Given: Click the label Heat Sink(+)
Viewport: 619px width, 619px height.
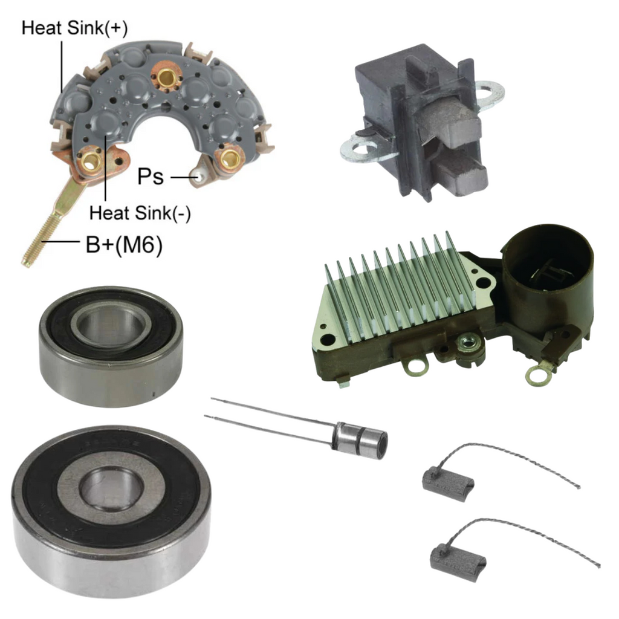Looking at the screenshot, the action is point(74,28).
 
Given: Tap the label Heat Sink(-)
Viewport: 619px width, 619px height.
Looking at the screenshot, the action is point(140,213).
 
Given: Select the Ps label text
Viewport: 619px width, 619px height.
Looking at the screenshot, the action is point(151,176).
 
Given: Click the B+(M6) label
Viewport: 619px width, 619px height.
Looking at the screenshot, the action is point(124,245).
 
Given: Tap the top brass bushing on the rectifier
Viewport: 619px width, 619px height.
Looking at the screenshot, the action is point(166,77).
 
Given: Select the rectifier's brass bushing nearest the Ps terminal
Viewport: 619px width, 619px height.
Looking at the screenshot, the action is point(228,158).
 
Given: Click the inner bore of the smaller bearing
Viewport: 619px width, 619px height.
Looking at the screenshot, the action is point(111,326).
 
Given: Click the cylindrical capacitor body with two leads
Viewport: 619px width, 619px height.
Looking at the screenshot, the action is point(360,440).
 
